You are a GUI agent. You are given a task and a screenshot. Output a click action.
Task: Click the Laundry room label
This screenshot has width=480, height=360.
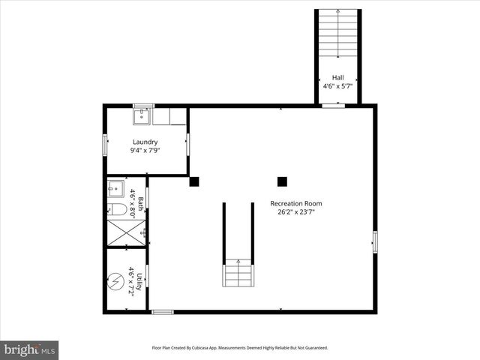(x=145, y=142)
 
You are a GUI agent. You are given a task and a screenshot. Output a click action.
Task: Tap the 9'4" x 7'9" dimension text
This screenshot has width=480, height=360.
(x=145, y=150)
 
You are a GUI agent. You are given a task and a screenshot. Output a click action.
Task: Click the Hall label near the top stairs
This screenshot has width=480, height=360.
(x=338, y=78)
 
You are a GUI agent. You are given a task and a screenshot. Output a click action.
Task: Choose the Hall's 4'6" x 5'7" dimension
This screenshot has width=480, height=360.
(x=338, y=86)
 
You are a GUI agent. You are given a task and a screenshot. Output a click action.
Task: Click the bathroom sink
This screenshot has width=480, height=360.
(x=115, y=187)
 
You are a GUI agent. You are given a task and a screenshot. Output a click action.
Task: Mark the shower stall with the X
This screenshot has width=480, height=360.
(x=124, y=232)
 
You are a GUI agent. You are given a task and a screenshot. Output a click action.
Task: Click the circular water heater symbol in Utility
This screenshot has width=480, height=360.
(x=116, y=283)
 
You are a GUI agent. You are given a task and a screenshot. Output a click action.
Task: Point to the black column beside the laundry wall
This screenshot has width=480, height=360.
(x=193, y=181)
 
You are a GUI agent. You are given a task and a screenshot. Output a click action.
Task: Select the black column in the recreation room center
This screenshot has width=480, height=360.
(x=282, y=181)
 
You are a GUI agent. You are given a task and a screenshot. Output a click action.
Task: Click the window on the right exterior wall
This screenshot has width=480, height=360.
(x=374, y=241)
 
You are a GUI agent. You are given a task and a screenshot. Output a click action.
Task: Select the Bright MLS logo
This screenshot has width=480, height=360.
(x=30, y=349)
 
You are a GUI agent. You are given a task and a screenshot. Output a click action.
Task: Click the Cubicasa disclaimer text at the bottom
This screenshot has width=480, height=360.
(x=240, y=348)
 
